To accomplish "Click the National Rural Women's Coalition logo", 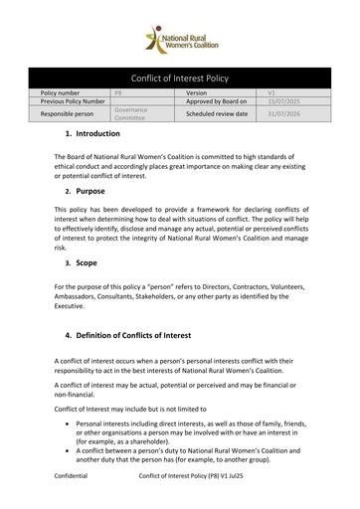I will pos(179,39).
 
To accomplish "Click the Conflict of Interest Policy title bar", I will pos(179,78).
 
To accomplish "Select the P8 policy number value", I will pos(117,91).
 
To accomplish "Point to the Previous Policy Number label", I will pos(74,101).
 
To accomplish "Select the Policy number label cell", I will pos(65,91).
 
